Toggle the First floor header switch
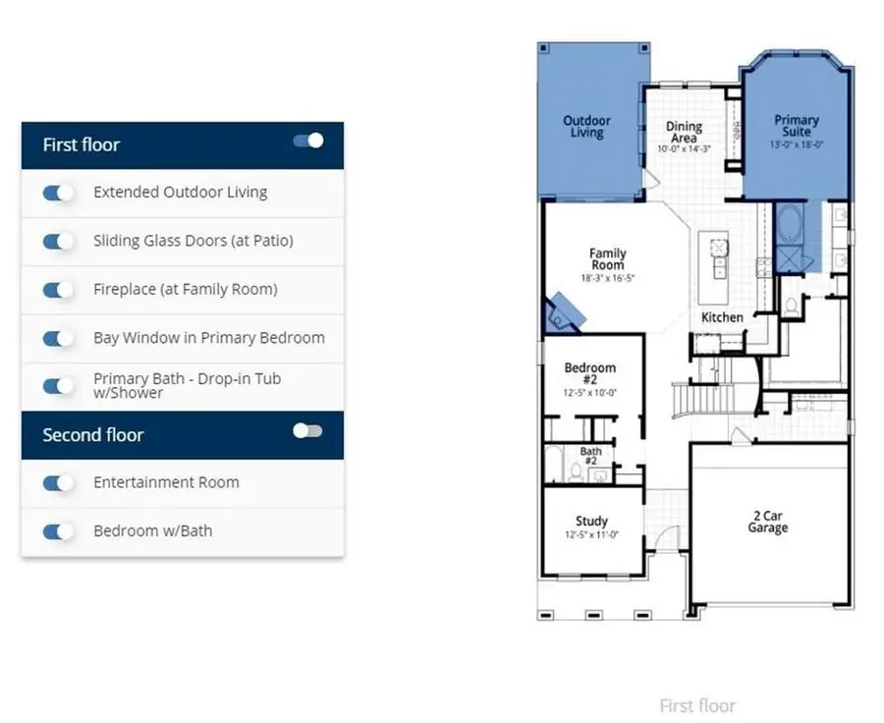[x=307, y=140]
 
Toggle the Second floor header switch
[x=307, y=430]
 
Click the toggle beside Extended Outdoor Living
[x=59, y=193]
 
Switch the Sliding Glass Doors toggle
[x=59, y=241]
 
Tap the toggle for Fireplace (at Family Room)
[x=59, y=290]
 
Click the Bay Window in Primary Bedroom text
[x=208, y=338]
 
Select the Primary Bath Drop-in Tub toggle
[x=59, y=386]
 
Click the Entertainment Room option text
[x=166, y=482]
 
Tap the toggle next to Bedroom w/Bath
[x=59, y=531]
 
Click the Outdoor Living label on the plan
[x=586, y=127]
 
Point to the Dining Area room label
[x=684, y=133]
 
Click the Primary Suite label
[x=796, y=127]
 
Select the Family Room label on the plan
[x=607, y=259]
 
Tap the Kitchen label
[x=722, y=317]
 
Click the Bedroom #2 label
[x=590, y=374]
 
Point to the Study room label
[x=591, y=522]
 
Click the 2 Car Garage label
[x=767, y=522]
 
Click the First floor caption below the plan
[x=697, y=705]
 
